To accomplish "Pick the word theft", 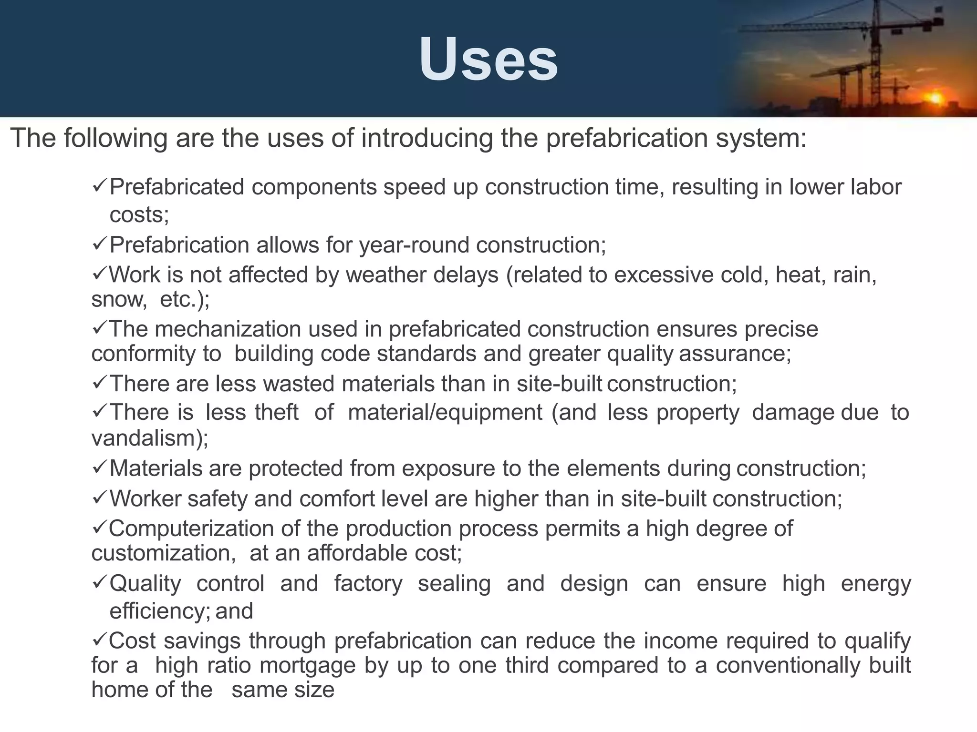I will tap(276, 412).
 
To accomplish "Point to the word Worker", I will tap(146, 499).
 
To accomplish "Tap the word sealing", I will tap(454, 584).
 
